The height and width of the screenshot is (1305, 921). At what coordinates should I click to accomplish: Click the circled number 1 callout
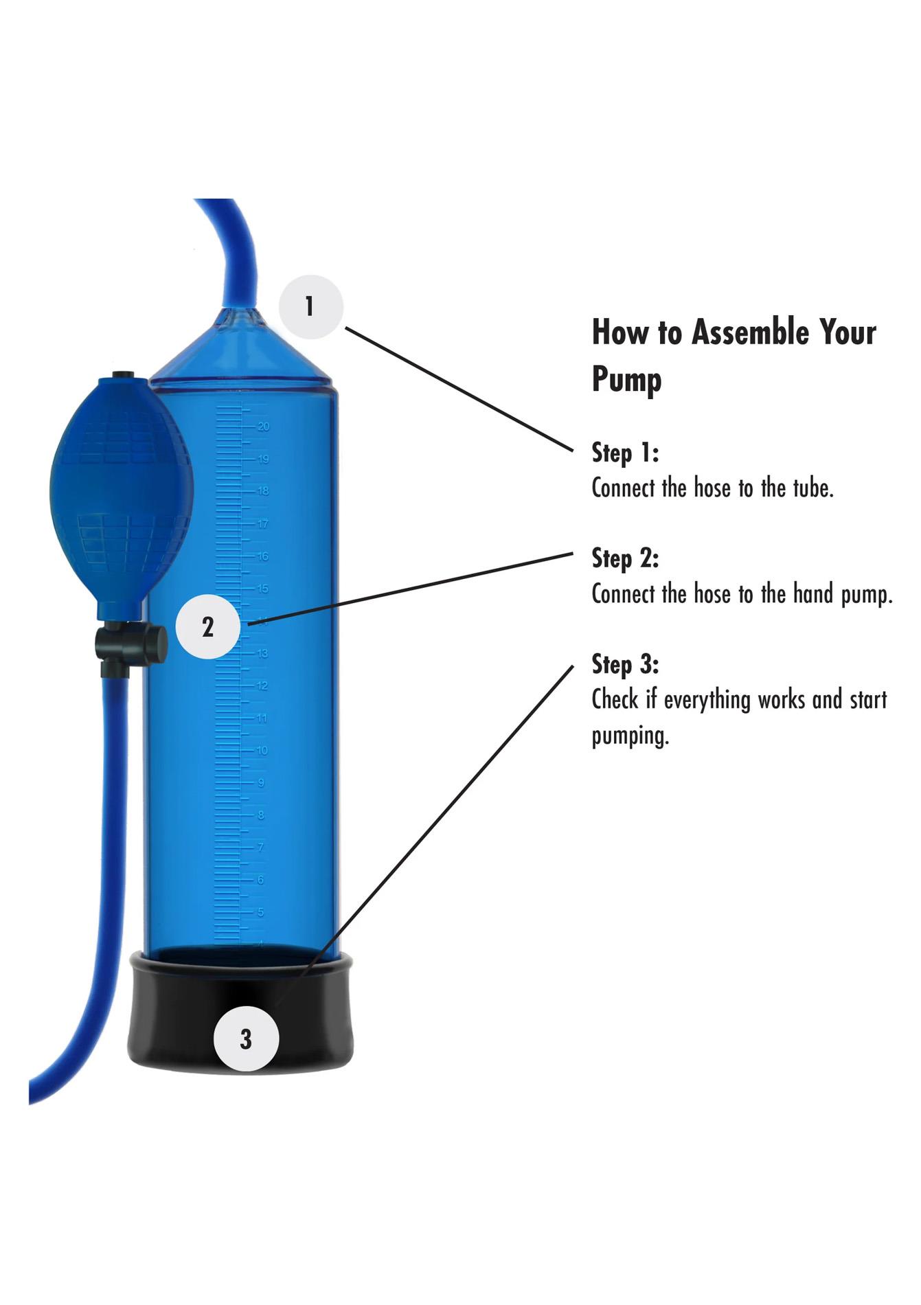(310, 306)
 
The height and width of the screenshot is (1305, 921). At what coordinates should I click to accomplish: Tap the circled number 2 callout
(208, 626)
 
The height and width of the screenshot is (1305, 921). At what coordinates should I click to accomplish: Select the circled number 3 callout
(246, 1039)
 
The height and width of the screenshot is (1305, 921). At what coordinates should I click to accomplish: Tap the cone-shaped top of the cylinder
(240, 347)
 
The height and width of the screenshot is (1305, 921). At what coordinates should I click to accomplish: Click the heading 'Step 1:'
(625, 453)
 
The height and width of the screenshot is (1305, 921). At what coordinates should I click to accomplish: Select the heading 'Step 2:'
(625, 558)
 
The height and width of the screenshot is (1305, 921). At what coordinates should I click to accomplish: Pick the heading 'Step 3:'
(625, 664)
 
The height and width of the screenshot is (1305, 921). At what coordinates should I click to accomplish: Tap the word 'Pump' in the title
(626, 379)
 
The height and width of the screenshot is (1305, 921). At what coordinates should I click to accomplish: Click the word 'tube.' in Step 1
(813, 488)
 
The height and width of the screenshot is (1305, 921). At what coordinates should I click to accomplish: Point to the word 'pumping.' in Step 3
(630, 736)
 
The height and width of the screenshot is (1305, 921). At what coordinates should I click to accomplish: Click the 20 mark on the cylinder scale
(263, 427)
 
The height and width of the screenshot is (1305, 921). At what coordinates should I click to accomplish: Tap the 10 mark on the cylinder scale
(262, 751)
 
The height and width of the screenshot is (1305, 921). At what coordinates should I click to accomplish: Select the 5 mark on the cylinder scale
(260, 913)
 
